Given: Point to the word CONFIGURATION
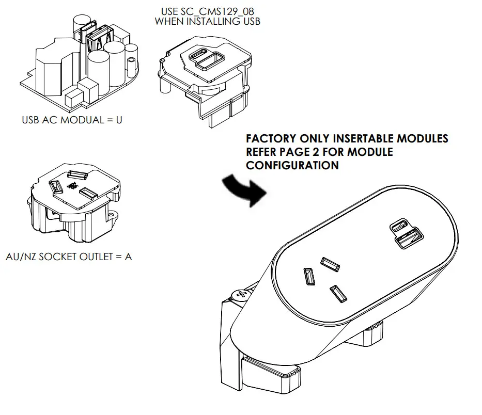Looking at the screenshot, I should tap(292, 165).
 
